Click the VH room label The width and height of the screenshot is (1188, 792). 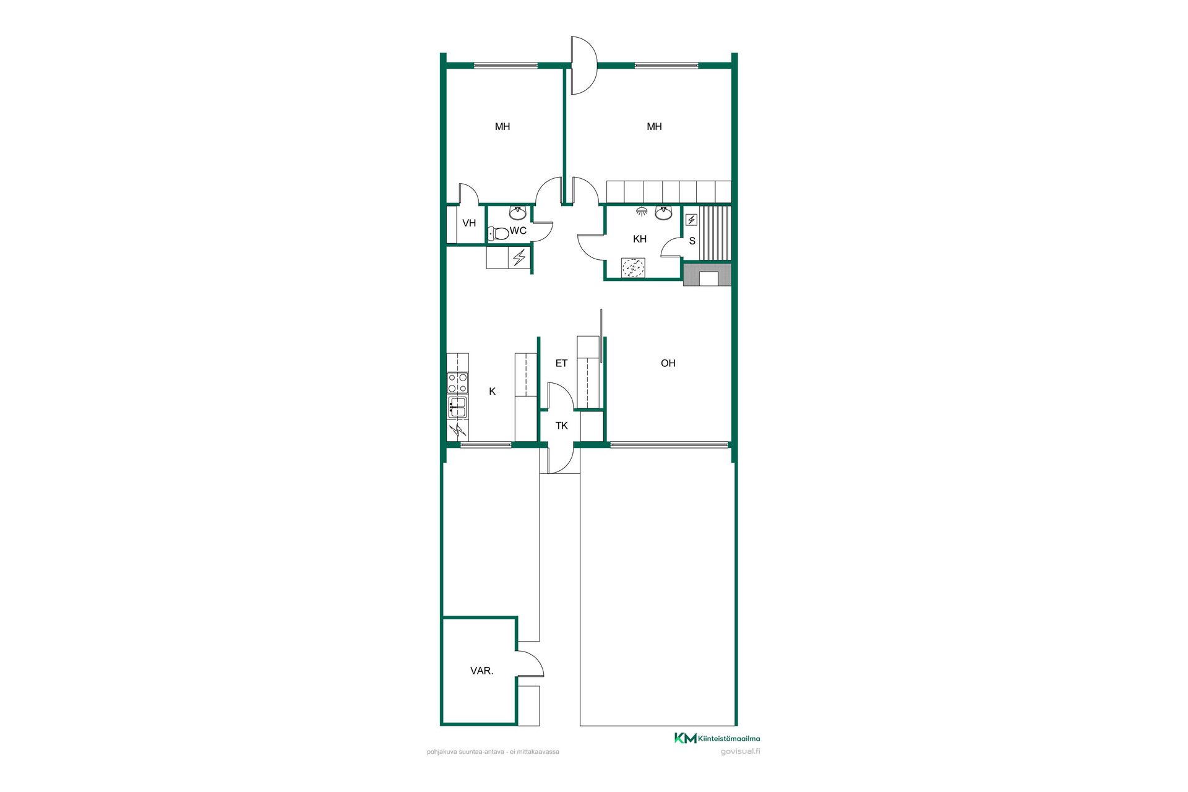(469, 223)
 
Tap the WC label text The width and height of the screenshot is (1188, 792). (518, 231)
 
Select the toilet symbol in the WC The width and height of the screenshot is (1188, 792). (498, 233)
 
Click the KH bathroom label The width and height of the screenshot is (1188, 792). (640, 239)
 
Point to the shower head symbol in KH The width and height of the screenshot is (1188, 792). (642, 211)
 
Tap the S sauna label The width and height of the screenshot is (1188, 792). (692, 241)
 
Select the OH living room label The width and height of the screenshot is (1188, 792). (668, 363)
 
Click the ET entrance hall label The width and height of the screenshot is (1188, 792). (561, 363)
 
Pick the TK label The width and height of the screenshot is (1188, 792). (562, 426)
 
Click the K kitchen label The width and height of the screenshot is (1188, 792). (493, 391)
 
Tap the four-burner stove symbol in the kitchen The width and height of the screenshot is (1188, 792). (458, 383)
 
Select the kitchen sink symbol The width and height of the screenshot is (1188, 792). (457, 407)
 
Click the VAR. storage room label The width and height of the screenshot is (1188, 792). (482, 671)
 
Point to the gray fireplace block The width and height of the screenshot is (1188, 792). (707, 274)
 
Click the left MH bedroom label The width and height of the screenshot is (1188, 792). (502, 127)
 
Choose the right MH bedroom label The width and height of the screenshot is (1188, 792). (654, 127)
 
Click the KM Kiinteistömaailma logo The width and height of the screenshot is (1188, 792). (717, 738)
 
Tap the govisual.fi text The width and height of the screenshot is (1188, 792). (741, 752)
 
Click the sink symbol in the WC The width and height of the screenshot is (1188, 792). (517, 213)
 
